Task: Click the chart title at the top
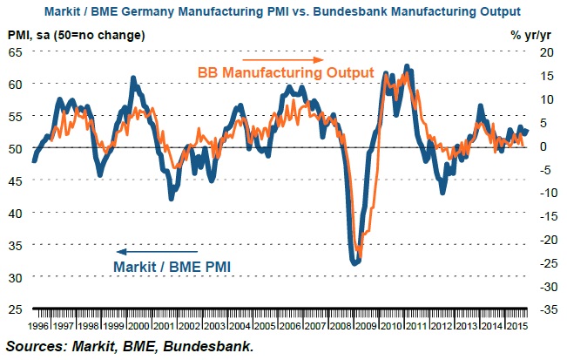[x=284, y=12]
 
